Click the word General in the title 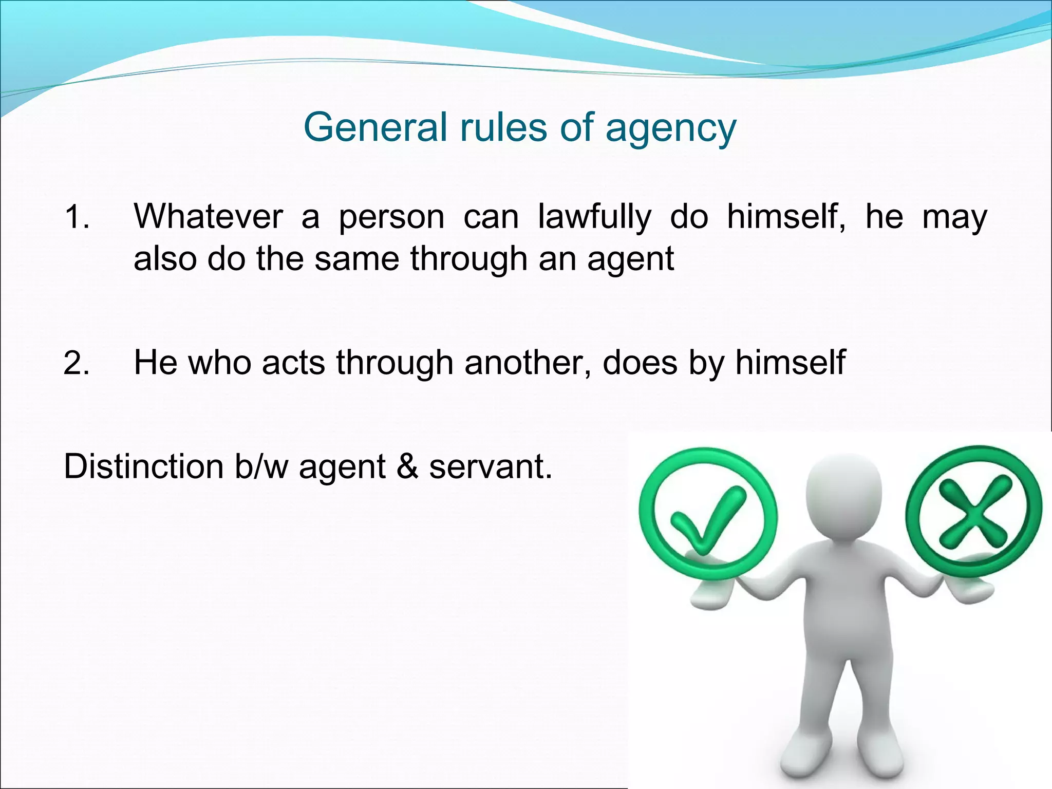(375, 127)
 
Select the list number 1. (77, 217)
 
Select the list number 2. (77, 363)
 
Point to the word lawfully (594, 218)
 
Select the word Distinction (143, 466)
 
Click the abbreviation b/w (261, 466)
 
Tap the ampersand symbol (407, 466)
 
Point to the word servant (491, 466)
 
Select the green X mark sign (973, 512)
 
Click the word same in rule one (356, 258)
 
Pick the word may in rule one (954, 218)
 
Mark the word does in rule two (640, 363)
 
